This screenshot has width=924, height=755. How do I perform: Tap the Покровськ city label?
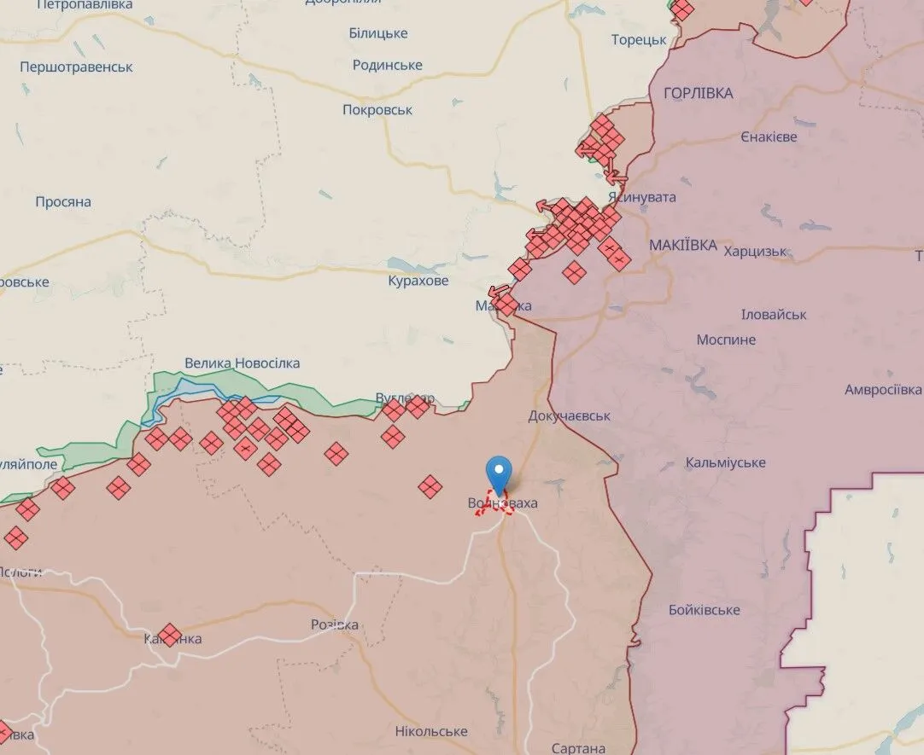pyautogui.click(x=377, y=110)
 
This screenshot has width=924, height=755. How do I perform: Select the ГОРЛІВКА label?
pyautogui.click(x=698, y=94)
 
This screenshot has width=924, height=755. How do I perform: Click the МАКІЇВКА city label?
pyautogui.click(x=683, y=246)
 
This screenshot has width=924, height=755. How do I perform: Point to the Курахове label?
pyautogui.click(x=418, y=281)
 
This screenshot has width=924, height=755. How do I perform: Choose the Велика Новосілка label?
pyautogui.click(x=243, y=363)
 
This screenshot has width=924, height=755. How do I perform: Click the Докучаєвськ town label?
pyautogui.click(x=570, y=416)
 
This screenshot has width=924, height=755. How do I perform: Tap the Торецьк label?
pyautogui.click(x=639, y=40)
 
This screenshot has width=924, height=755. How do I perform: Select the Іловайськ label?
pyautogui.click(x=774, y=315)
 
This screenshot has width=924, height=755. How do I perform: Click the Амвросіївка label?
pyautogui.click(x=883, y=390)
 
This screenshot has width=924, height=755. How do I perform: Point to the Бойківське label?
pyautogui.click(x=705, y=611)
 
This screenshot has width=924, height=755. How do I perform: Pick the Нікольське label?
pyautogui.click(x=431, y=732)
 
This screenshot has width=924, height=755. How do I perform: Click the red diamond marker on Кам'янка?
pyautogui.click(x=170, y=636)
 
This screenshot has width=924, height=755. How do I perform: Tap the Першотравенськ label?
pyautogui.click(x=76, y=67)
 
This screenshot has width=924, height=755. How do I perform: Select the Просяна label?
pyautogui.click(x=63, y=202)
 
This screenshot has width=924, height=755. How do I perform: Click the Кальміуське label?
pyautogui.click(x=726, y=463)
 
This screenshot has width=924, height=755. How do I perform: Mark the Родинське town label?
pyautogui.click(x=388, y=66)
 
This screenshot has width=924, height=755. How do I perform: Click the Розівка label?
pyautogui.click(x=335, y=625)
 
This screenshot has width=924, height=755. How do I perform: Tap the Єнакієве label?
pyautogui.click(x=769, y=137)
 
